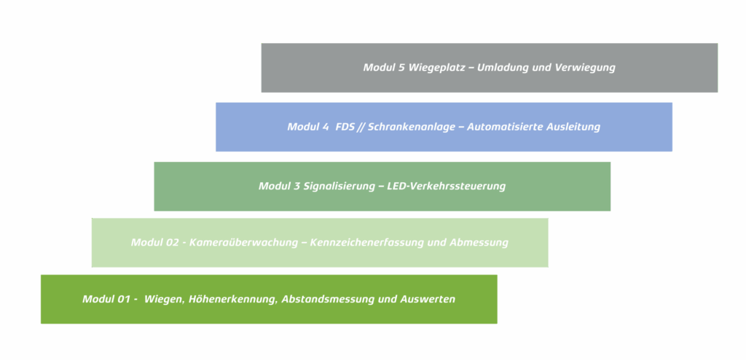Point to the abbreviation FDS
point(345,127)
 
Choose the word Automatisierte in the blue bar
point(506,127)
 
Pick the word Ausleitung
point(574,127)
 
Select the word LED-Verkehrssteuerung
point(447,186)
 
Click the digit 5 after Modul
point(401,68)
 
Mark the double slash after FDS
point(361,127)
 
